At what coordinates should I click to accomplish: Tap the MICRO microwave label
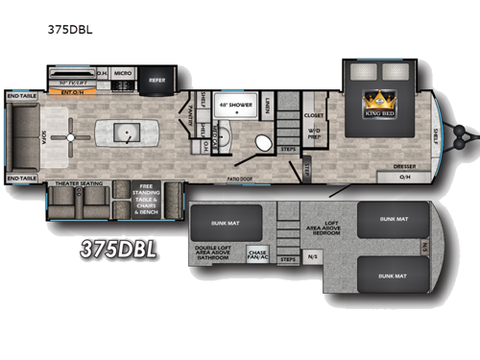pyautogui.click(x=122, y=73)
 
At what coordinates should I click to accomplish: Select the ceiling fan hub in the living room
pyautogui.click(x=71, y=137)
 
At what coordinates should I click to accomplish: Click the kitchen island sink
pyautogui.click(x=126, y=133)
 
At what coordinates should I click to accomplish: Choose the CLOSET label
pyautogui.click(x=314, y=113)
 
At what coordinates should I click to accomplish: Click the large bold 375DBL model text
pyautogui.click(x=116, y=249)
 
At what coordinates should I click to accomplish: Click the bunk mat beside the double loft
pyautogui.click(x=222, y=224)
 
